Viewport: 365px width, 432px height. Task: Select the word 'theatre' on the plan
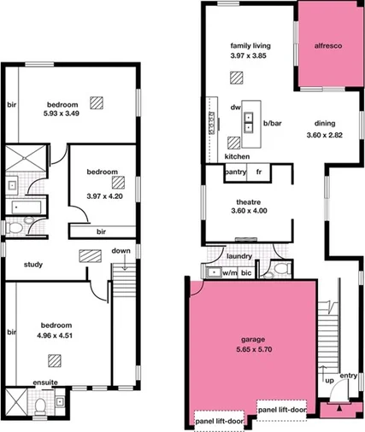click(x=250, y=201)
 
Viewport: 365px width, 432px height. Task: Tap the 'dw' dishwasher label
click(x=236, y=108)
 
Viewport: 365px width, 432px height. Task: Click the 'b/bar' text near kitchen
click(x=273, y=125)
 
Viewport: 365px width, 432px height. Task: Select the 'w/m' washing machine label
click(x=229, y=273)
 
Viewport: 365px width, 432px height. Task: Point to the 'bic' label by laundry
click(x=247, y=273)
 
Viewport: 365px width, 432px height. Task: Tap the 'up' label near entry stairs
click(x=327, y=379)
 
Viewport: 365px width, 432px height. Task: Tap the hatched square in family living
click(x=235, y=78)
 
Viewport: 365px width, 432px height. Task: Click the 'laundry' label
click(x=238, y=254)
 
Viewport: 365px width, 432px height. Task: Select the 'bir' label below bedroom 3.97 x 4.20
click(x=101, y=231)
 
